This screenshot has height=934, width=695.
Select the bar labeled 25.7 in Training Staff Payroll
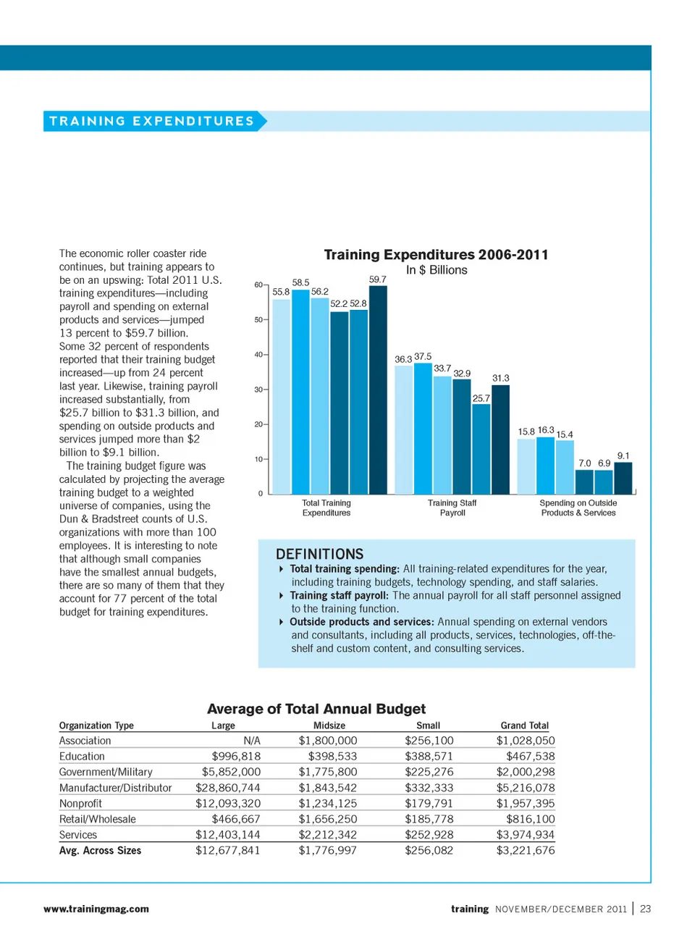481,449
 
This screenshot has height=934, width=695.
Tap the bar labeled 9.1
623,478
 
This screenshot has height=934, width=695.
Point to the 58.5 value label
300,282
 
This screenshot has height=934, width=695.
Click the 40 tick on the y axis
258,355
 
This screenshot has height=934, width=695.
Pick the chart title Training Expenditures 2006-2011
436,255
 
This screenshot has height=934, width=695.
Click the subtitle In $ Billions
436,270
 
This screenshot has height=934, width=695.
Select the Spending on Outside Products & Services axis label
578,508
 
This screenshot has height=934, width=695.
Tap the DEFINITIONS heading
319,554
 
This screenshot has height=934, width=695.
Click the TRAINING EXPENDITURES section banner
152,121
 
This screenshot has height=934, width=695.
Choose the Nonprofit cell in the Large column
227,803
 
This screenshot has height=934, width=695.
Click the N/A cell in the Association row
251,741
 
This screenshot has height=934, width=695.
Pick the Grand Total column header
524,725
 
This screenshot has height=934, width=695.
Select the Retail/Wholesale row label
98,819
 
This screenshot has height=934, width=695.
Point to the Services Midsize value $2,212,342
328,834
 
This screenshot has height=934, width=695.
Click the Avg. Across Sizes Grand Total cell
525,850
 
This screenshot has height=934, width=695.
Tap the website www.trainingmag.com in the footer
96,909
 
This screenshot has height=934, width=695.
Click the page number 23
645,909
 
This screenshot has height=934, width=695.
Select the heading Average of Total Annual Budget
316,709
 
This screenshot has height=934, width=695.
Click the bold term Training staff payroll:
339,595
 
